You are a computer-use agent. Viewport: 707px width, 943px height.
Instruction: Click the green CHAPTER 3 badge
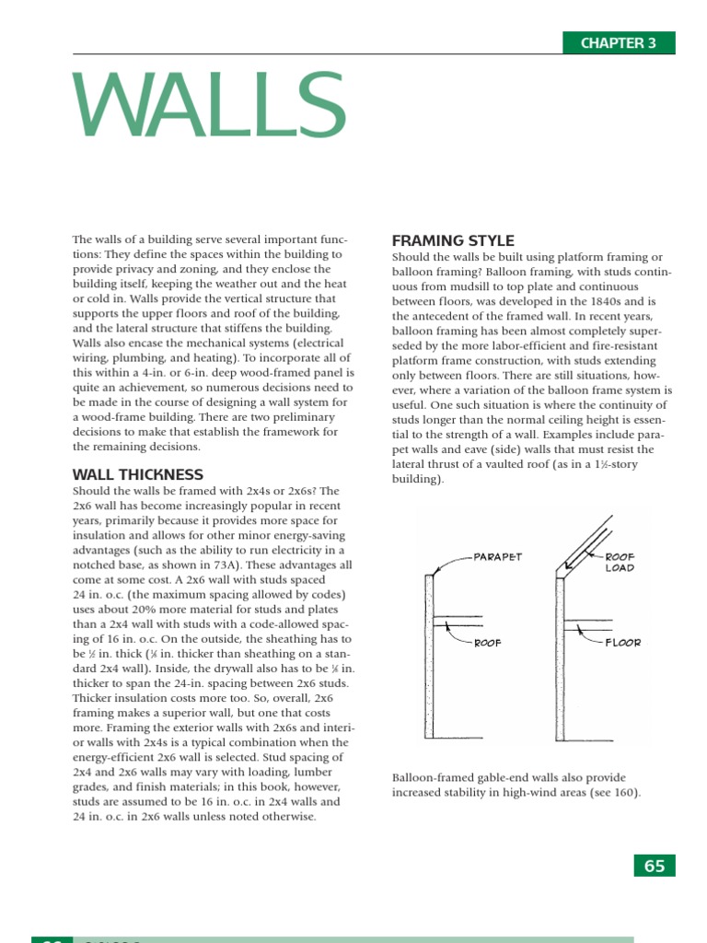pyautogui.click(x=618, y=43)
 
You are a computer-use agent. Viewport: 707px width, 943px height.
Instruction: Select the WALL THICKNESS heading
pyautogui.click(x=138, y=475)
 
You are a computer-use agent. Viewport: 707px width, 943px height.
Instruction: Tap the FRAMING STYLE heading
pyautogui.click(x=453, y=241)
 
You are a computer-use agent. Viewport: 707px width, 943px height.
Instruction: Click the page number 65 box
pyautogui.click(x=655, y=866)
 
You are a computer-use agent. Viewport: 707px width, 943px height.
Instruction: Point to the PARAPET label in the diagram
pyautogui.click(x=498, y=557)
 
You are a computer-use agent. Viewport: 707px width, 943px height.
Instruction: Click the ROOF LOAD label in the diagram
pyautogui.click(x=620, y=563)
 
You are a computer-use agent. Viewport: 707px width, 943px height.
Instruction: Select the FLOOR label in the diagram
pyautogui.click(x=623, y=642)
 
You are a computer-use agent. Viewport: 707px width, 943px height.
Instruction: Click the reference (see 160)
pyautogui.click(x=610, y=792)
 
